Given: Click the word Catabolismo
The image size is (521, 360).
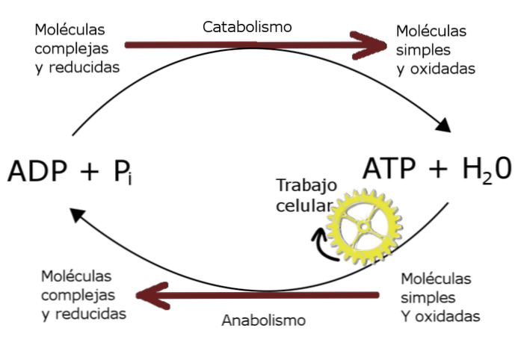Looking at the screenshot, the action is coord(247,27).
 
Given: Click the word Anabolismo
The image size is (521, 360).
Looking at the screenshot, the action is coord(264,320).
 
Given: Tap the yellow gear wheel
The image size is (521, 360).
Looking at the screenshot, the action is coord(364,227).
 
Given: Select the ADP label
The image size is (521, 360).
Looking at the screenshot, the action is coord(37,171).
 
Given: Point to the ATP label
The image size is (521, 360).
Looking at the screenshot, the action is coord(389,168).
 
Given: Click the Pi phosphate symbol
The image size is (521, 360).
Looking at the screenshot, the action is coord(123,172).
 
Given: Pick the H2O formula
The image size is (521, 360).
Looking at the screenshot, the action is coord(487,170).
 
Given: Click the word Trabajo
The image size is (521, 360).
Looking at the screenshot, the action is coord(306,185).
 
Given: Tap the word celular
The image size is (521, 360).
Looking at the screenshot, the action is coord(304,205).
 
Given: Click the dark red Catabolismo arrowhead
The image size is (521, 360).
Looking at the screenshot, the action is coord(369,46).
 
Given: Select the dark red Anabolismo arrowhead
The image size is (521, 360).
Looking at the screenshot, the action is coord(153,296).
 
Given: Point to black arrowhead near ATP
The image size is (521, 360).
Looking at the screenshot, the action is coord(443,125).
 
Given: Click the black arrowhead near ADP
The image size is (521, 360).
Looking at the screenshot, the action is coord(78,215).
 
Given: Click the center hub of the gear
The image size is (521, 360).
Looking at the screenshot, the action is coord(364,227).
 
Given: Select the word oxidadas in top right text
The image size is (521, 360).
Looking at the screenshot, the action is coord(443,69).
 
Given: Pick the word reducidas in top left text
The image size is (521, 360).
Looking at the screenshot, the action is coord(84,67).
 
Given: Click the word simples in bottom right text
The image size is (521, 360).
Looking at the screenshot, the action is coord(428,297).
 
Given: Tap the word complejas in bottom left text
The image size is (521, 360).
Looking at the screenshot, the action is coord(78,296).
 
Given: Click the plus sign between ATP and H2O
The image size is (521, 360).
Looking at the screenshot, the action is coord(438,169).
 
